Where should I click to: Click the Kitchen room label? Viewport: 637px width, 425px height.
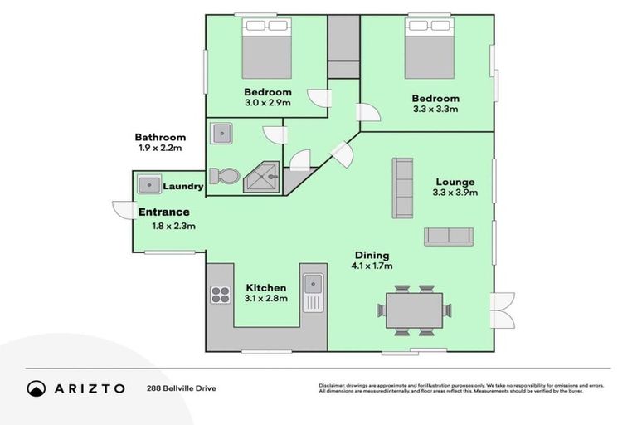pos(266,287)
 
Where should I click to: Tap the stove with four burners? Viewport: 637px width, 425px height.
pos(220,295)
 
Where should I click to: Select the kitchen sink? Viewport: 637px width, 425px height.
pos(313,292)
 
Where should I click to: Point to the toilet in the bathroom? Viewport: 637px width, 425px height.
pos(226,176)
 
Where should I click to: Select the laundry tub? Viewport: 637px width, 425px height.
pos(148,184)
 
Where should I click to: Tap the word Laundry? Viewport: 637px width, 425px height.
pos(182,187)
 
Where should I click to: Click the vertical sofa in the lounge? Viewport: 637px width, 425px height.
pos(403,188)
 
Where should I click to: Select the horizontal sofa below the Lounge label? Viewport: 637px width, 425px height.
pos(448,236)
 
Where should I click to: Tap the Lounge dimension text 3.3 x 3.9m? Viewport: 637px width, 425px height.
pos(455,193)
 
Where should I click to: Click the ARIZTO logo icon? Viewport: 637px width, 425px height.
pos(36,388)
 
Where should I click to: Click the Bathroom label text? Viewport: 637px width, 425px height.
pos(160,137)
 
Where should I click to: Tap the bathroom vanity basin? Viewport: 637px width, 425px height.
pos(221,134)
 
